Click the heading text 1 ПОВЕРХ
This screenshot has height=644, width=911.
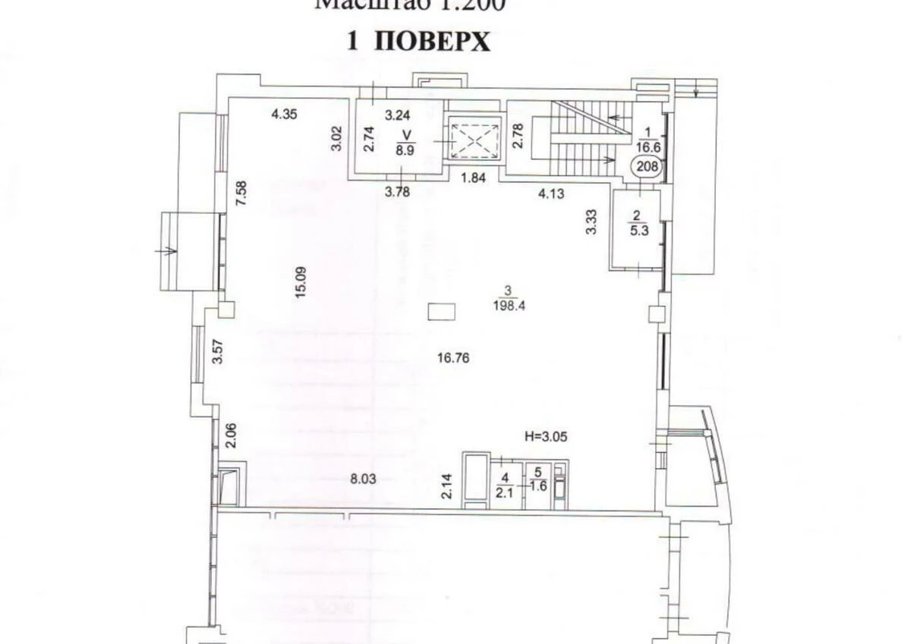tap(418, 42)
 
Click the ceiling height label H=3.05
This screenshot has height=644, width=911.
tap(547, 436)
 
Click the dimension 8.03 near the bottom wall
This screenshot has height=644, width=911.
tap(364, 479)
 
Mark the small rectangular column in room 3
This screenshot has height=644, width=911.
tap(441, 311)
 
